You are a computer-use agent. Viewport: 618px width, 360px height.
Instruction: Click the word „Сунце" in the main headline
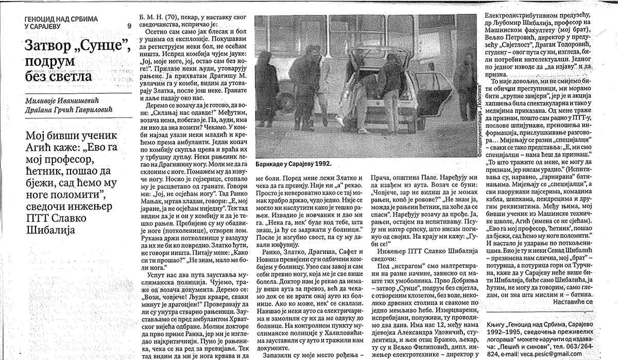(x=100, y=47)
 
